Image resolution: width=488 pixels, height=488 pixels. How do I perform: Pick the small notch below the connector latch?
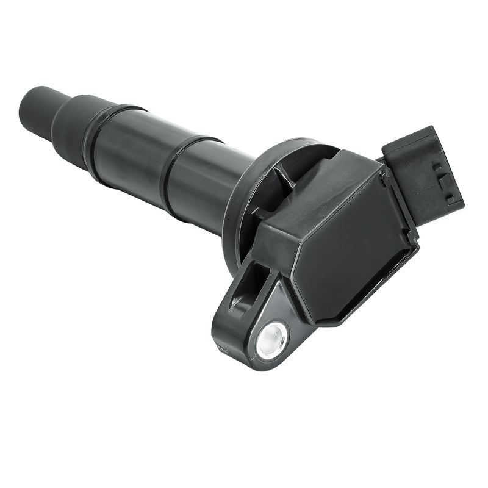pos(450,199)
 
